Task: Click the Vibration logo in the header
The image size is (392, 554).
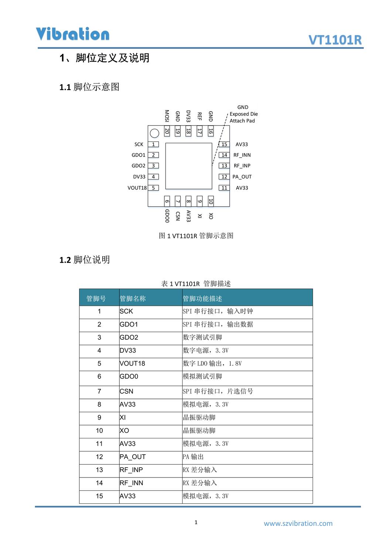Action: click(72, 34)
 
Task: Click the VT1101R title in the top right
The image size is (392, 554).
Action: click(335, 40)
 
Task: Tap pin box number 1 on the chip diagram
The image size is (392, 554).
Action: click(153, 144)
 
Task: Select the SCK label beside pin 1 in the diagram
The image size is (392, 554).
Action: click(139, 144)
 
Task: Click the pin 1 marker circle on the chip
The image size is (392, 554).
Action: click(154, 133)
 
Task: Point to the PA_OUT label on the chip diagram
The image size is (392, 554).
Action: click(242, 177)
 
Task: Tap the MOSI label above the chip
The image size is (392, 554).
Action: click(167, 116)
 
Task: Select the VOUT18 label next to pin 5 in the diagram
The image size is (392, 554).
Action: click(137, 188)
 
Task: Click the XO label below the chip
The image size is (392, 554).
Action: click(211, 216)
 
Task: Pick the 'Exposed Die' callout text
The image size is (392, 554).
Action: click(243, 114)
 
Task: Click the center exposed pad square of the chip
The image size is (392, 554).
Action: click(188, 166)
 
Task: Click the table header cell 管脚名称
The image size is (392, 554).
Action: click(133, 298)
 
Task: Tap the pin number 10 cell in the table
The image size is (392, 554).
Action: click(99, 431)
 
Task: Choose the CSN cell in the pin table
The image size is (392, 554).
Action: click(126, 391)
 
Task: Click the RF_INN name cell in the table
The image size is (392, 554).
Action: click(132, 483)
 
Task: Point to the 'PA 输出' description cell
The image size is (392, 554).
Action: click(193, 457)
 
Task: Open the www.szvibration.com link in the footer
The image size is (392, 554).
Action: click(298, 523)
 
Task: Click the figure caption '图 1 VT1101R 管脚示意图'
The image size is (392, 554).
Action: click(196, 236)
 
